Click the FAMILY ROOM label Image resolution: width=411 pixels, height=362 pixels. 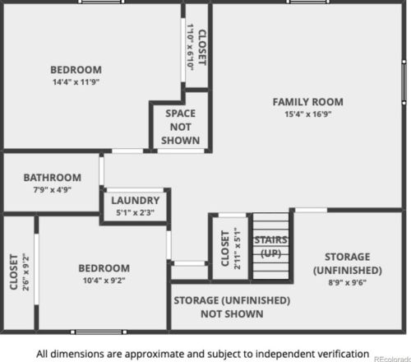click(x=307, y=102)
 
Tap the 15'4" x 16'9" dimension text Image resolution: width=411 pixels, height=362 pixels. click(x=308, y=114)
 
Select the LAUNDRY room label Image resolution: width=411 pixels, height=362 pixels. click(x=136, y=201)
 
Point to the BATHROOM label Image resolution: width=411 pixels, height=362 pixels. click(x=53, y=178)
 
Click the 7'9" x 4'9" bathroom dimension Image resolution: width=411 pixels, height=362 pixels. click(x=53, y=190)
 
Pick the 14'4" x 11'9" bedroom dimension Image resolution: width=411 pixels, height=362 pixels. click(x=76, y=82)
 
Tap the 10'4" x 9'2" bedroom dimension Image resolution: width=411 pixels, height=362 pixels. click(x=104, y=281)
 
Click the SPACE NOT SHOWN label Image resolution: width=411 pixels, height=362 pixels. click(x=180, y=127)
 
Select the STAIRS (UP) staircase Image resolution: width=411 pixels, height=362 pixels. click(x=270, y=246)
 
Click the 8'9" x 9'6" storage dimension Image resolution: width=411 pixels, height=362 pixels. click(x=348, y=282)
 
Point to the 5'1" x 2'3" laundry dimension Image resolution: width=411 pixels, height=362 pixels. click(x=136, y=212)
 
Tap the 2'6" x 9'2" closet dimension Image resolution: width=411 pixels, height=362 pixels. click(x=25, y=272)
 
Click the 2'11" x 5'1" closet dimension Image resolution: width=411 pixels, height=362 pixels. click(x=238, y=248)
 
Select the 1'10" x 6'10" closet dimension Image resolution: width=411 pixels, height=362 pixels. click(x=191, y=47)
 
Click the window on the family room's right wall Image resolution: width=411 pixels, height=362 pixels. click(x=404, y=82)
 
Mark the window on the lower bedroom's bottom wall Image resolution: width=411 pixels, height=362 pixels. click(x=99, y=332)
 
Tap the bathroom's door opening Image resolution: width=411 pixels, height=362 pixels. click(x=102, y=170)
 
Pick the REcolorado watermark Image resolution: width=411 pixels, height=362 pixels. click(x=392, y=359)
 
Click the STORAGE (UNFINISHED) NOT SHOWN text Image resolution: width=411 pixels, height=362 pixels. click(x=232, y=307)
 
